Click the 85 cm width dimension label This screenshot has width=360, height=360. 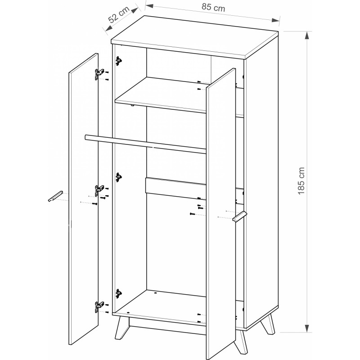[213, 7]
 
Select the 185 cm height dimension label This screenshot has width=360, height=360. [301, 181]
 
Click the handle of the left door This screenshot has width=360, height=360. [55, 196]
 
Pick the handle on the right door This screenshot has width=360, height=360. [240, 216]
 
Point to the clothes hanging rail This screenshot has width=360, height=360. [145, 144]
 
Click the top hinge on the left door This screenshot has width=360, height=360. [99, 74]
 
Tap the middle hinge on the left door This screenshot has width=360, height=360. [99, 190]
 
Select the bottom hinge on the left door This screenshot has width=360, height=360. [99, 307]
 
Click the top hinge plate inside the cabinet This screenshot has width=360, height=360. [118, 61]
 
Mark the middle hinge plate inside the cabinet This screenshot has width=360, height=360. [118, 177]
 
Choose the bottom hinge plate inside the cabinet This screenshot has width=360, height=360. [118, 293]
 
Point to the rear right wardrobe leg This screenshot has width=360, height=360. [268, 324]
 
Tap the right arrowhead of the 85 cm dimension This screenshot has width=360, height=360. [275, 20]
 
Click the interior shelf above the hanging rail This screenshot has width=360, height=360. [161, 94]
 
